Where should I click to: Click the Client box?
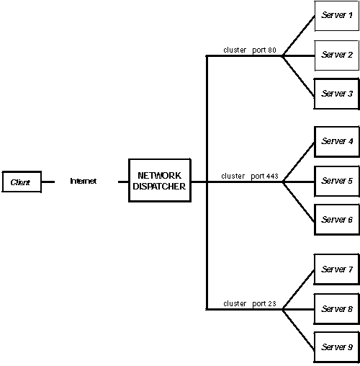(21, 182)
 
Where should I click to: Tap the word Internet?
(83, 182)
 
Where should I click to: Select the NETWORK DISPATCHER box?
(159, 181)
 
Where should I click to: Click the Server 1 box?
(337, 15)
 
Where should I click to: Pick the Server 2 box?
(337, 55)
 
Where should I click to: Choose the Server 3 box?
(337, 94)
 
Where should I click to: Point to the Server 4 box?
(337, 142)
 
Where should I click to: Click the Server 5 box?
(337, 181)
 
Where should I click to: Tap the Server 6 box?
(337, 220)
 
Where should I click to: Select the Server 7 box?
(337, 269)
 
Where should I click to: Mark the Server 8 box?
(337, 309)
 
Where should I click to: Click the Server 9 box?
(337, 347)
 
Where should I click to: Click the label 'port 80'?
(264, 50)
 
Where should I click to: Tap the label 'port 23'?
(264, 303)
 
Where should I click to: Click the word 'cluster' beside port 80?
(235, 50)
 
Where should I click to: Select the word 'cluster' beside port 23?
(235, 303)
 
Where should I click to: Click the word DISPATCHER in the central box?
(159, 187)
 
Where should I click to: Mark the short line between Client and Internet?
(48, 182)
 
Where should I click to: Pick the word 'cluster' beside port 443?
(233, 176)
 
